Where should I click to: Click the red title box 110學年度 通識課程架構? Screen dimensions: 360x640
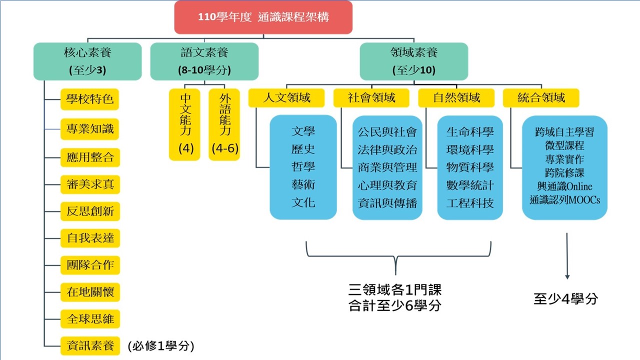coord(263,17)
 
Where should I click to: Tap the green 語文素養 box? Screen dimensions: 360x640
coord(204,61)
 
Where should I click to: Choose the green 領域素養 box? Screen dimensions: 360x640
coord(413,61)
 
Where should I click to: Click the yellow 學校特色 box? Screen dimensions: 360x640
coord(90,99)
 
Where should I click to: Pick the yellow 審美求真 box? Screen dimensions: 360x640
coord(90,184)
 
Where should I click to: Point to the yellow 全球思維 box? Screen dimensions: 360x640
coord(90,318)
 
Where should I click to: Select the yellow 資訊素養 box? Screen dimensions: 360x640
coord(90,345)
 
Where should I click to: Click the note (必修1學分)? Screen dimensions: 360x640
coord(160,345)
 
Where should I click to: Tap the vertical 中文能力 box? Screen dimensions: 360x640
coord(185,124)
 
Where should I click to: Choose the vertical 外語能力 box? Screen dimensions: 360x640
coord(224,124)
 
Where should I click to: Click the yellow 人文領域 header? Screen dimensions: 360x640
coord(286,98)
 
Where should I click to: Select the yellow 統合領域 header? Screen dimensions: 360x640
coord(541,98)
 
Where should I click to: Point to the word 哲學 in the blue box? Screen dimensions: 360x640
coord(303,167)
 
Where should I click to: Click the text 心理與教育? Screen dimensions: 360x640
coord(387,185)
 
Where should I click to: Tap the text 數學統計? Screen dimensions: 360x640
coord(470,185)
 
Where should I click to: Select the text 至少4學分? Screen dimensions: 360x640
coord(565,299)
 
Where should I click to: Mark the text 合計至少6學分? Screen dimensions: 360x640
coord(395,305)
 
